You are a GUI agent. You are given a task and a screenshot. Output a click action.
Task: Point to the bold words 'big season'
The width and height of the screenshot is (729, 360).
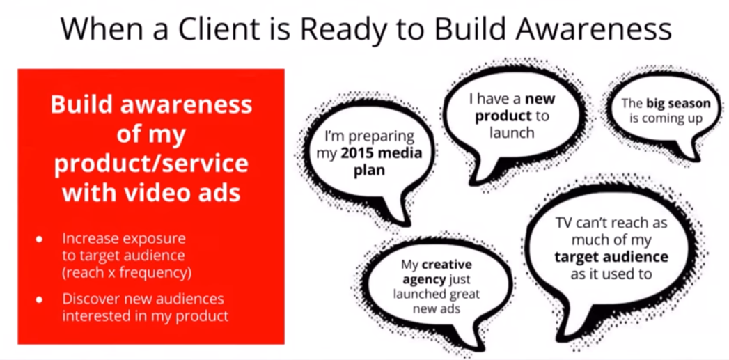tap(678, 103)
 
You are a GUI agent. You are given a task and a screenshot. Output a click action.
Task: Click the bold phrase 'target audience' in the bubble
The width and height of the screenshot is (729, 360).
tap(611, 257)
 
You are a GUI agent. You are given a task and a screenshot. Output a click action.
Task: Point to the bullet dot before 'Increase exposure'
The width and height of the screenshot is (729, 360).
tap(39, 240)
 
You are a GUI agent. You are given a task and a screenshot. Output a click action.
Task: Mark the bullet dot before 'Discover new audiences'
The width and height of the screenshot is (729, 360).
tap(39, 299)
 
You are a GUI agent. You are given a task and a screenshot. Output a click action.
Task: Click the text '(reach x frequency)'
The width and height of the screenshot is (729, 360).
tap(127, 272)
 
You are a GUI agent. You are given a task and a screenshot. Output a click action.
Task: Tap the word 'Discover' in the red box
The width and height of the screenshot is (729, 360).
tap(91, 299)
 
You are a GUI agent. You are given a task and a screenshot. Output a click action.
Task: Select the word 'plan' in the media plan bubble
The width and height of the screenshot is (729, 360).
tap(370, 170)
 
